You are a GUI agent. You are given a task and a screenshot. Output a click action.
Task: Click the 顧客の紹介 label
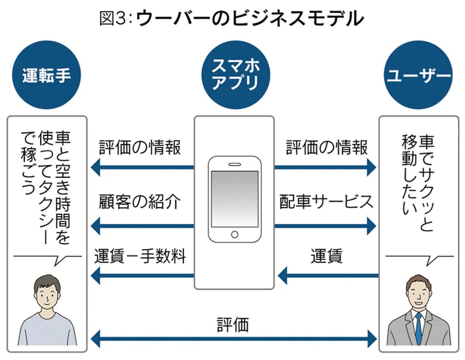(139, 202)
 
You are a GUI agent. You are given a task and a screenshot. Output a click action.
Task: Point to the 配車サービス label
(326, 202)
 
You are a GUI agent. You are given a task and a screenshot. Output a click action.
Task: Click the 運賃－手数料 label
(140, 257)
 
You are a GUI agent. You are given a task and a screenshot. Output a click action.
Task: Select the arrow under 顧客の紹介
(142, 225)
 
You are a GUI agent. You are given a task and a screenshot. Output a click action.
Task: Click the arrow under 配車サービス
(326, 225)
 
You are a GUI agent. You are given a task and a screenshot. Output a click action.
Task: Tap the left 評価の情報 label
(140, 148)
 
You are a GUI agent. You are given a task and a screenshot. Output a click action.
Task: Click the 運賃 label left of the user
(327, 257)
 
